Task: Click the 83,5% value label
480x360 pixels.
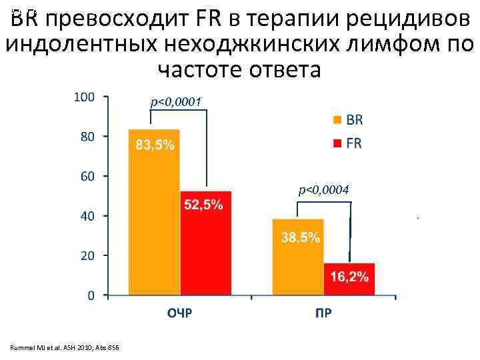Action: [x=155, y=145]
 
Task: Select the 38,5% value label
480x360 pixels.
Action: [x=299, y=237]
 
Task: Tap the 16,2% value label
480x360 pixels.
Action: [x=349, y=277]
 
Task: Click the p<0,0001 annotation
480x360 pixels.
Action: [x=176, y=101]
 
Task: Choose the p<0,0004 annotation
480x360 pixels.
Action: [x=324, y=191]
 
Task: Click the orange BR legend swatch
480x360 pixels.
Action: [x=337, y=121]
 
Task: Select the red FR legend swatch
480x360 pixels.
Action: [x=337, y=143]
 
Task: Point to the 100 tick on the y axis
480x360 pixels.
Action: [x=83, y=97]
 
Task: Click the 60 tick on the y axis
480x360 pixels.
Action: [x=87, y=176]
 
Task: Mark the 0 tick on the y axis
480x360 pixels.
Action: [x=90, y=295]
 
